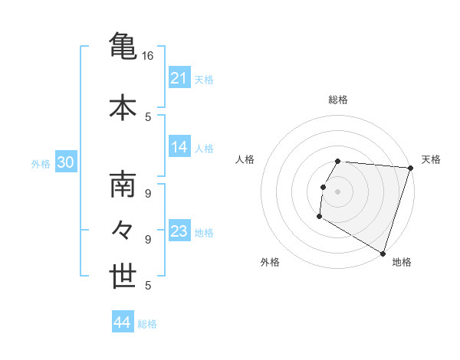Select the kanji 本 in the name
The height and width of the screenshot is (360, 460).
[x=123, y=107]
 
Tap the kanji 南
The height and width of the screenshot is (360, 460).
[x=123, y=186]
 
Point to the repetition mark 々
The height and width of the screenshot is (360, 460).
[x=123, y=231]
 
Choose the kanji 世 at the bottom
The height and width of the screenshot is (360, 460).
[x=123, y=277]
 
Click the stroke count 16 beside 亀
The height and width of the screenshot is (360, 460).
[x=148, y=56]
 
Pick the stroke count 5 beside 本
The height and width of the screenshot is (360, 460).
[x=148, y=117]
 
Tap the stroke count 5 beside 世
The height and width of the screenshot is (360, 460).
[x=148, y=286]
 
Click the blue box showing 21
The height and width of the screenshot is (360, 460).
[x=179, y=78]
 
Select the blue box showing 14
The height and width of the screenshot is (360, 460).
[x=179, y=147]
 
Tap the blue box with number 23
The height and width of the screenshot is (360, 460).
[x=179, y=231]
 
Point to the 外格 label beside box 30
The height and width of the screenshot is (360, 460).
[x=41, y=163]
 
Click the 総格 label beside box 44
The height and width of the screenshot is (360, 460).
[x=147, y=324]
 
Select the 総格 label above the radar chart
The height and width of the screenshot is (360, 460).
[x=338, y=100]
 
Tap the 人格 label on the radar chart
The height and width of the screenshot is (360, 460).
[x=245, y=159]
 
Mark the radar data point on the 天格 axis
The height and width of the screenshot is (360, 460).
[x=411, y=168]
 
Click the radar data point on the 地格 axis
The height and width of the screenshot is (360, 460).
[x=383, y=253]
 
